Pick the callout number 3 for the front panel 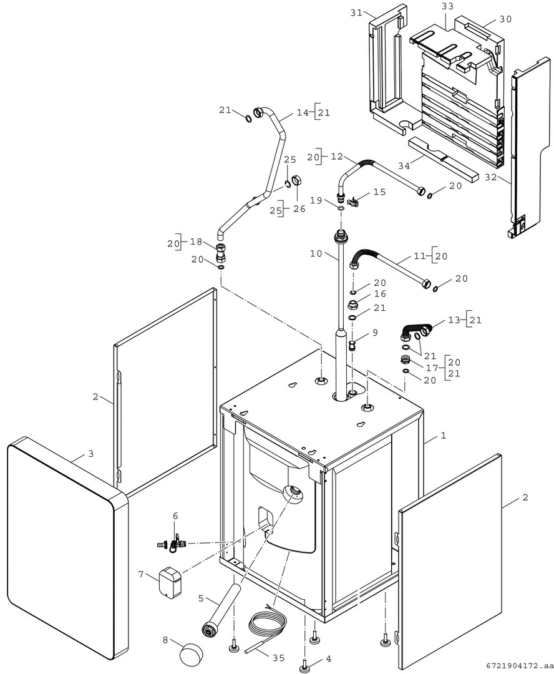click(x=90, y=454)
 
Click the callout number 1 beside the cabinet click(x=444, y=436)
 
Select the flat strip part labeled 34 click(x=443, y=159)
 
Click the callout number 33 click(x=447, y=6)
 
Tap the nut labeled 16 click(x=352, y=305)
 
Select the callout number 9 click(x=374, y=333)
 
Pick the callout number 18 click(x=197, y=242)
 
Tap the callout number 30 click(x=505, y=19)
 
